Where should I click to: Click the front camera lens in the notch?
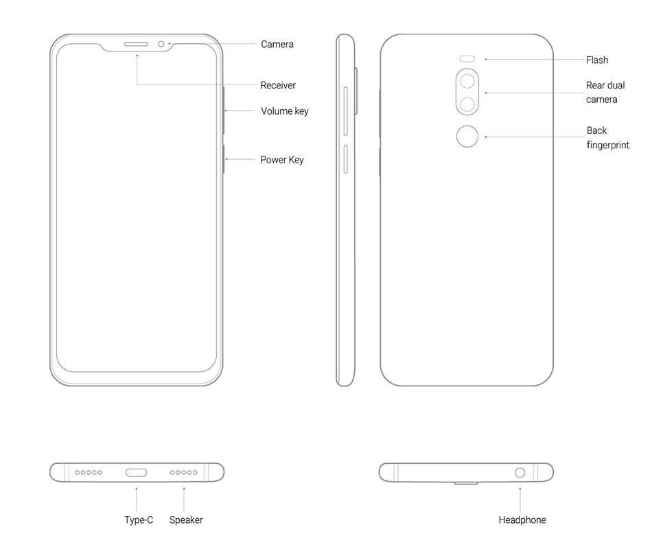pyautogui.click(x=161, y=45)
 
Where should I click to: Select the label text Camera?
pyautogui.click(x=277, y=45)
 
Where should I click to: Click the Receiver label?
pyautogui.click(x=278, y=86)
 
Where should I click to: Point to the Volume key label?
pyautogui.click(x=285, y=111)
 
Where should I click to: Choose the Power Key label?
pyautogui.click(x=282, y=160)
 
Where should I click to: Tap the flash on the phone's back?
pyautogui.click(x=468, y=59)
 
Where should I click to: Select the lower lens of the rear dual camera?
pyautogui.click(x=468, y=105)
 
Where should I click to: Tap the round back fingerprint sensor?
pyautogui.click(x=468, y=137)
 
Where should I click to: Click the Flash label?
pyautogui.click(x=597, y=60)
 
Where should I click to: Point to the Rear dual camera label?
pyautogui.click(x=605, y=93)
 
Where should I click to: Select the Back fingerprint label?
pyautogui.click(x=607, y=138)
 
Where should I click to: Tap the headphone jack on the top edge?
pyautogui.click(x=520, y=472)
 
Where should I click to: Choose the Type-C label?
pyautogui.click(x=139, y=520)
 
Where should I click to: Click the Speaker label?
pyautogui.click(x=186, y=520)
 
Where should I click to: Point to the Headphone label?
pyautogui.click(x=522, y=520)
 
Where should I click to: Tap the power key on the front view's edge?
pyautogui.click(x=224, y=159)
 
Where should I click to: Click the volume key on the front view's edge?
pyautogui.click(x=224, y=110)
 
